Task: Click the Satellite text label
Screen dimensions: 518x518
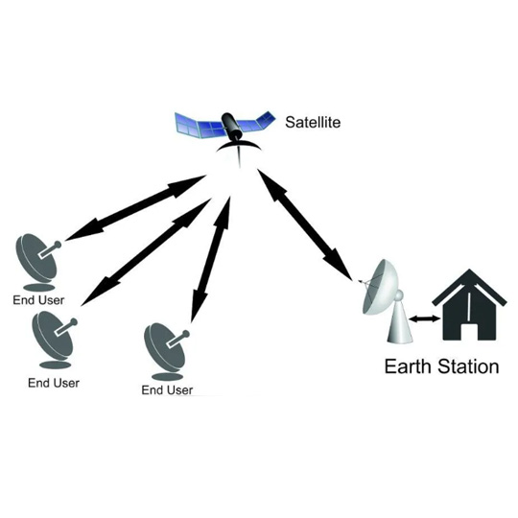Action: pos(313,122)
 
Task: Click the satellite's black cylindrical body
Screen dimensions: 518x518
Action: pos(230,126)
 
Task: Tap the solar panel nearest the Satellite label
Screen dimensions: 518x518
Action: pos(259,122)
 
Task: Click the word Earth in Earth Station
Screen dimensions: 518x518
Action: pos(408,366)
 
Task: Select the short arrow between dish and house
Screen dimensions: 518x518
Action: pos(425,318)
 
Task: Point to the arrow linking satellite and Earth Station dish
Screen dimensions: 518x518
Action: pos(304,224)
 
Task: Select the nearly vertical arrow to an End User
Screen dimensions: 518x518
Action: pos(211,259)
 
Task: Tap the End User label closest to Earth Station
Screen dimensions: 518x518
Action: pos(167,390)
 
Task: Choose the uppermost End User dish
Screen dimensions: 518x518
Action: pos(38,262)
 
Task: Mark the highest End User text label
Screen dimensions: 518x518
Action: pos(38,300)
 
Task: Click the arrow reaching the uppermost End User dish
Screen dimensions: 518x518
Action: pos(136,208)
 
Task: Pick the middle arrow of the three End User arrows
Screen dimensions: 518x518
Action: pos(146,252)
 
